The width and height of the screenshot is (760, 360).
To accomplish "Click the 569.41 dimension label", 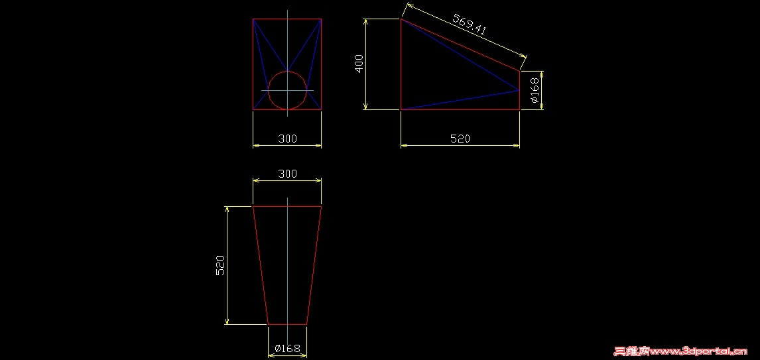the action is [469, 25].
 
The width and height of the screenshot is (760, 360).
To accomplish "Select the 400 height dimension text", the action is [359, 64].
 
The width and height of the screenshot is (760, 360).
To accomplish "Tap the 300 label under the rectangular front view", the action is [287, 139].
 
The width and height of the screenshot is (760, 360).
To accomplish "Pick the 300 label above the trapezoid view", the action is [287, 174].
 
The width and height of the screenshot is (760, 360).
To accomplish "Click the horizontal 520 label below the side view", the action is [460, 139].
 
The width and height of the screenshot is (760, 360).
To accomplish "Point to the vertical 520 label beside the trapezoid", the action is [220, 265].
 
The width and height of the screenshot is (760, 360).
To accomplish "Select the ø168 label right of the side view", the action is [534, 91].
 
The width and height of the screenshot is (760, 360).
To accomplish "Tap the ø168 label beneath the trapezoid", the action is [287, 348].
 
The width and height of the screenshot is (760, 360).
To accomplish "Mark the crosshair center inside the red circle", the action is [287, 90].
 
